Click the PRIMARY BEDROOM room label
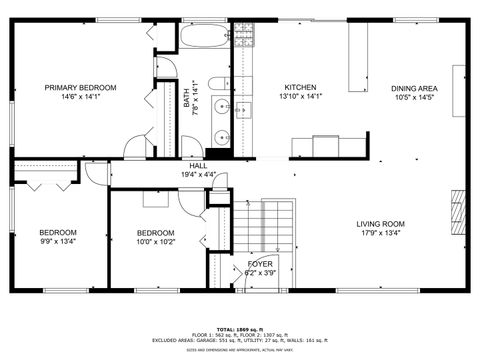80,87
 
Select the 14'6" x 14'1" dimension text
80,97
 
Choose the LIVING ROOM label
380,224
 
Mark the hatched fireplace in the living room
459,213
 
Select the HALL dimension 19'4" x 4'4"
199,174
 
